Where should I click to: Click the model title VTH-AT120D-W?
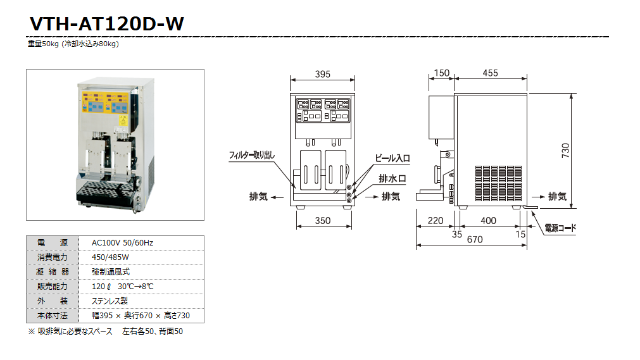[x=106, y=23]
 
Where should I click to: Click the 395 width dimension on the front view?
[x=322, y=74]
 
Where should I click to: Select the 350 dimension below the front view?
[x=322, y=221]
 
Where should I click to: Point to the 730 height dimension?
[x=565, y=150]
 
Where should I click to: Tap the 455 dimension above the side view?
[x=490, y=73]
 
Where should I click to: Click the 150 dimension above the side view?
[x=442, y=73]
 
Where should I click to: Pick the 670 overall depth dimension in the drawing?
[x=474, y=239]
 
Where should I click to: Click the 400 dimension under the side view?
[x=488, y=221]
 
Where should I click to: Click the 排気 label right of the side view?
[x=557, y=197]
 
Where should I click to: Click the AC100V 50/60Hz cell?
[x=122, y=243]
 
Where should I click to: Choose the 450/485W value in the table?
[x=110, y=258]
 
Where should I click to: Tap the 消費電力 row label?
[x=53, y=258]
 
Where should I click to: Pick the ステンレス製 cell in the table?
[x=110, y=301]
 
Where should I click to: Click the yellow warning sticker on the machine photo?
[x=123, y=118]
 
